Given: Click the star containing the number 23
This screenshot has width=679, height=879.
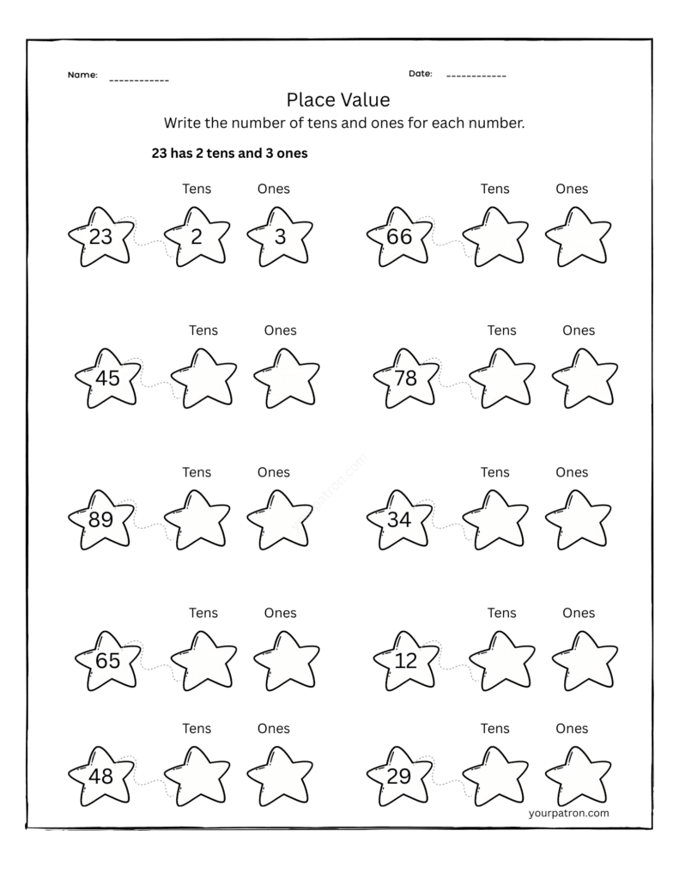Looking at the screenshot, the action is click(101, 237).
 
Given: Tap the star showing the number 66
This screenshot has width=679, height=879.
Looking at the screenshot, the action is click(399, 237).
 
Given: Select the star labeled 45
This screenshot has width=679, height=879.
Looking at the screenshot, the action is click(108, 378).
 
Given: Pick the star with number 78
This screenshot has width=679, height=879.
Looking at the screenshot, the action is click(405, 378).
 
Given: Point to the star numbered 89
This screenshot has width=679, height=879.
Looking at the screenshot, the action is click(101, 519).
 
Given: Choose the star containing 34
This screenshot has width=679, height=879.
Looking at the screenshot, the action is click(399, 519).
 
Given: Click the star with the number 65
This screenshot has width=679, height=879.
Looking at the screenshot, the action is click(108, 661).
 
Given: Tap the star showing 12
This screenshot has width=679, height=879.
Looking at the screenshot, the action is click(405, 661).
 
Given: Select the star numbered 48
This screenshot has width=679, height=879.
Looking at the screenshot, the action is click(101, 777).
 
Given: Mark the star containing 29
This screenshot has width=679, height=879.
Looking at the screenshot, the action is click(399, 777).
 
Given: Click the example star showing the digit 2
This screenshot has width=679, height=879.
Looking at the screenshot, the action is click(197, 237).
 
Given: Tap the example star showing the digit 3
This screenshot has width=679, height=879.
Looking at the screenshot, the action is click(280, 237).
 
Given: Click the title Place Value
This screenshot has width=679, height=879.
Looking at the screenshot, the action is click(338, 100).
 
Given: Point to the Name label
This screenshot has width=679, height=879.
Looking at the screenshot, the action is click(82, 76).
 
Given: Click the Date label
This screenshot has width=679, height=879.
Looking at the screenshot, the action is click(420, 74).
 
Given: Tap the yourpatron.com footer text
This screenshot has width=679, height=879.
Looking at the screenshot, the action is click(569, 813).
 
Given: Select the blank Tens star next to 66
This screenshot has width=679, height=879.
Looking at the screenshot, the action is click(495, 237).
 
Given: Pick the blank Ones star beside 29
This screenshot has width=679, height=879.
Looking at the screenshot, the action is click(578, 777).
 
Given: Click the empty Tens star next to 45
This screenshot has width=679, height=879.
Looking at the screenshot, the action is click(203, 378).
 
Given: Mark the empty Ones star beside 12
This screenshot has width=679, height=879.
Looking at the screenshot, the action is click(585, 661).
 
